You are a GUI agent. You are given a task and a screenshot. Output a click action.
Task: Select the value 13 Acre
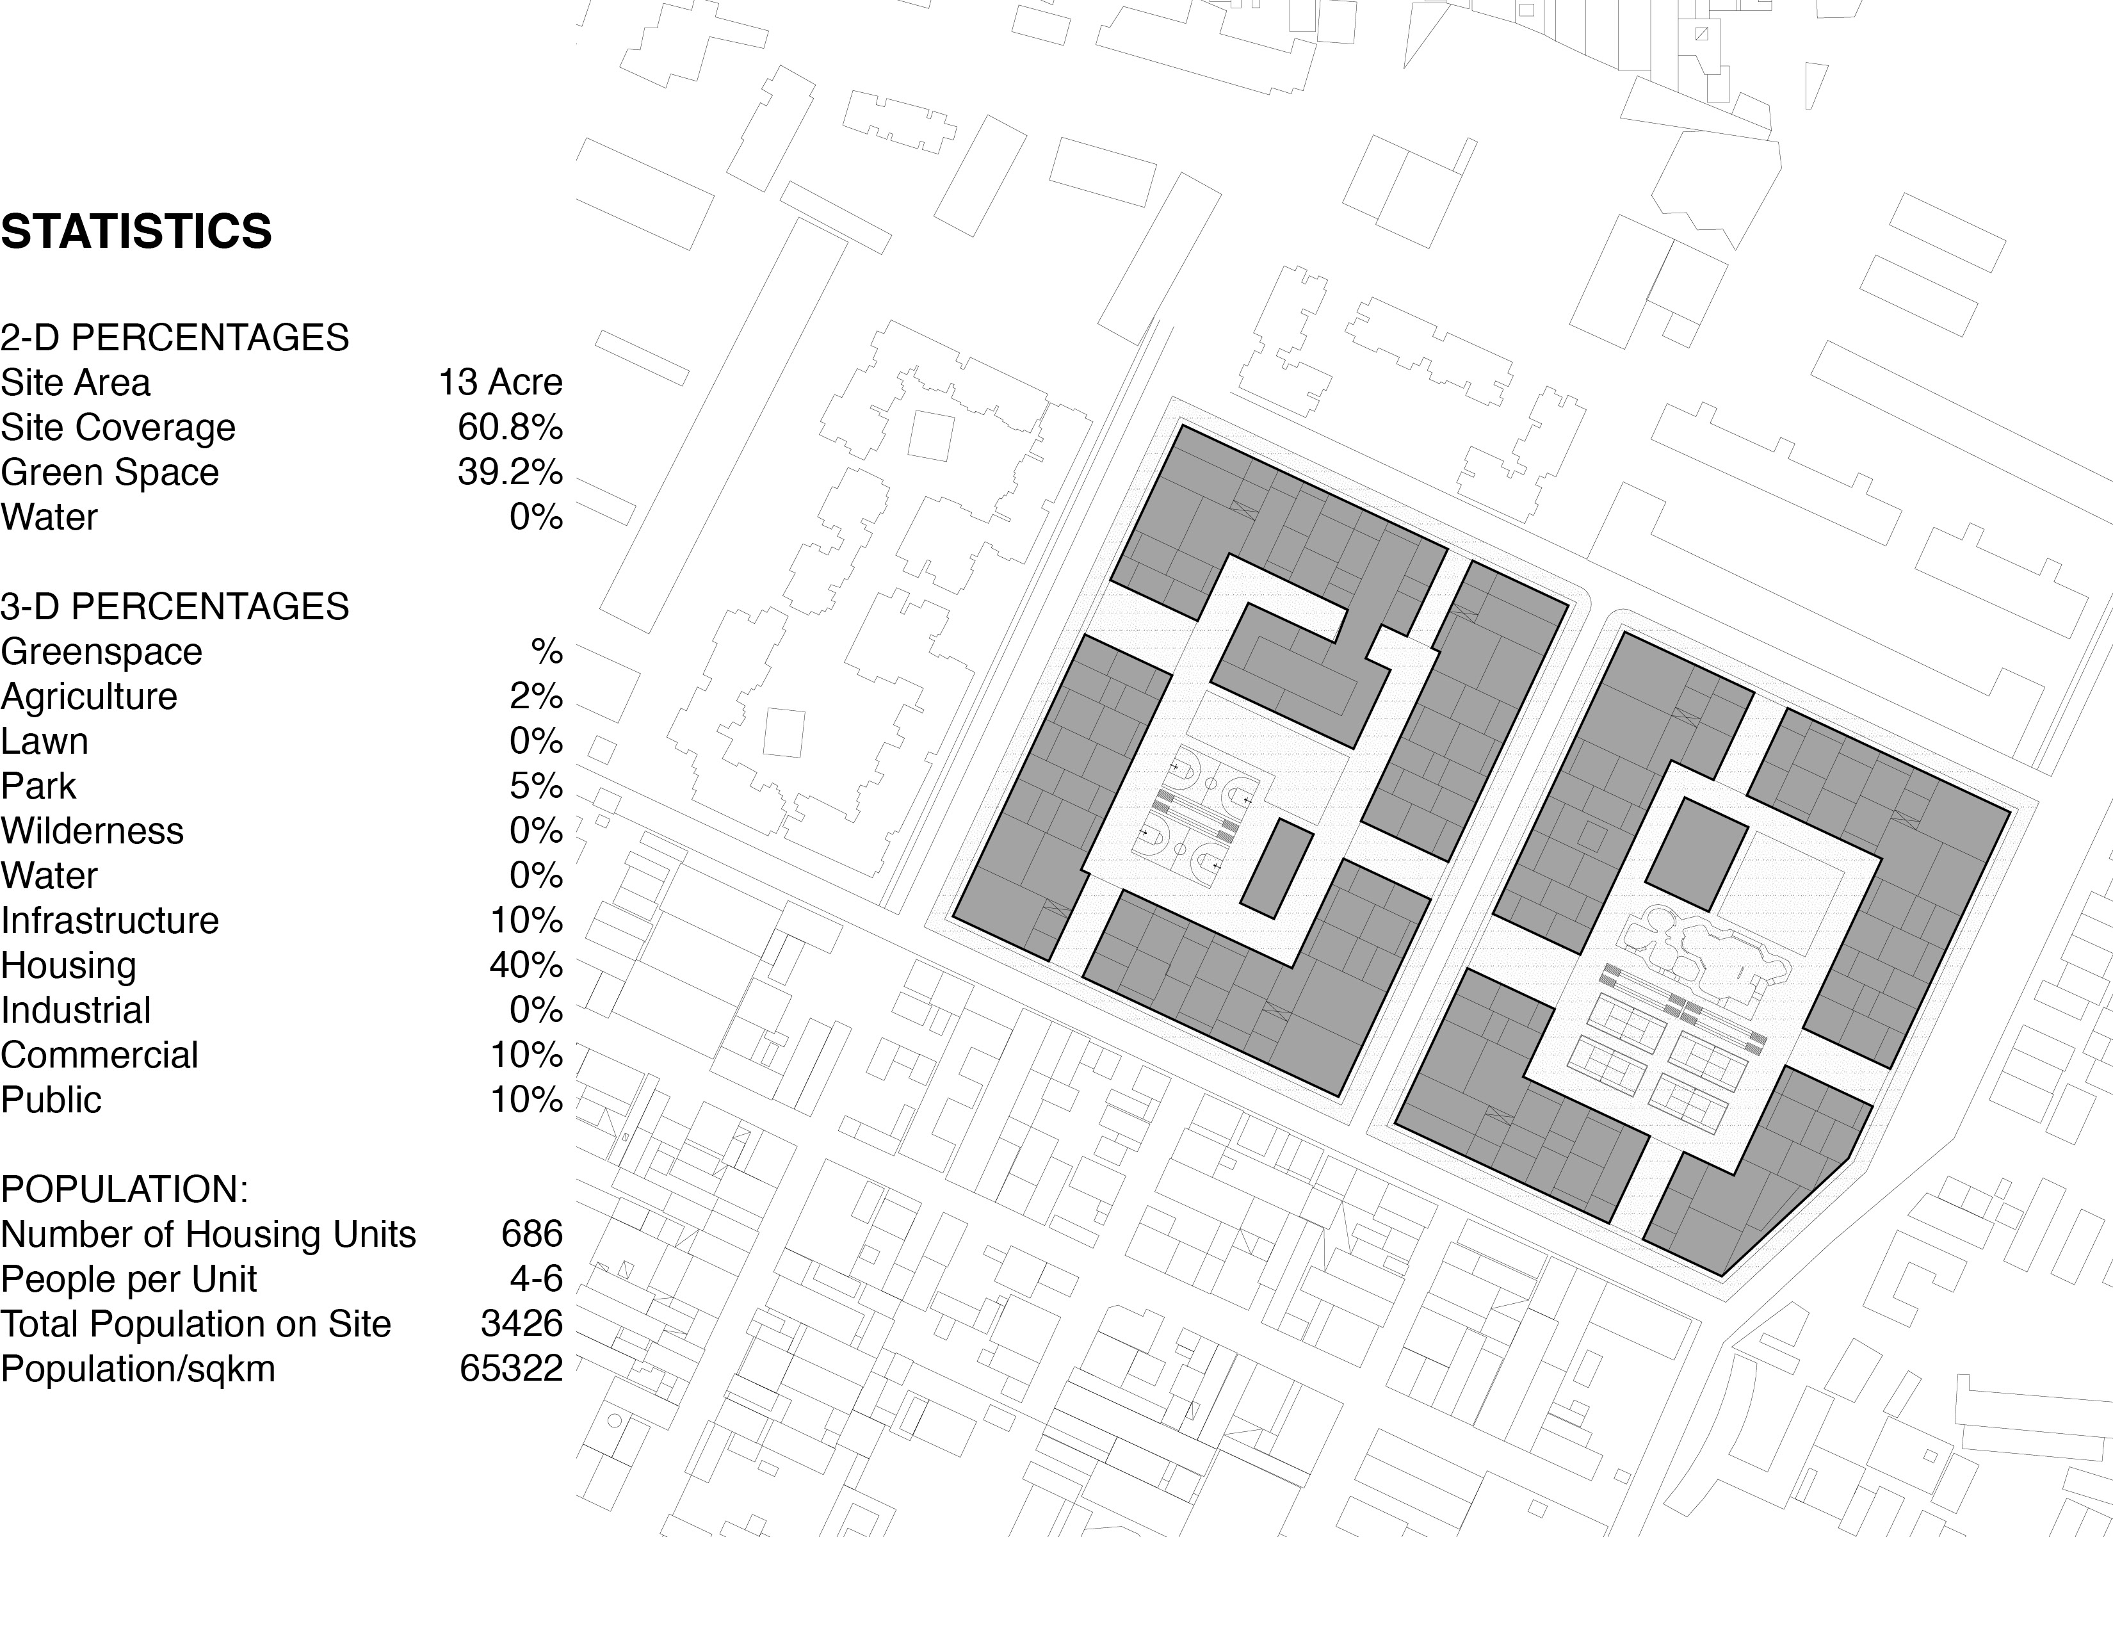(500, 382)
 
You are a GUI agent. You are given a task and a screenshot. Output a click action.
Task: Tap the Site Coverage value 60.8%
(510, 427)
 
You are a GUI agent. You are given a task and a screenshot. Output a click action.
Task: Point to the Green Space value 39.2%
(510, 472)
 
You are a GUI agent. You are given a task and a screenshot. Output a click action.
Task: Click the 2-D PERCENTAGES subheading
(174, 337)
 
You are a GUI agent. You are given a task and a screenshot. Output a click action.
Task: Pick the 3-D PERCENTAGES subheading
(174, 606)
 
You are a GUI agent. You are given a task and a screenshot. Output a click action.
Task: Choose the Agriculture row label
(89, 697)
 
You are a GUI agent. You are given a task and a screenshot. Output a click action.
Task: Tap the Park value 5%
(536, 786)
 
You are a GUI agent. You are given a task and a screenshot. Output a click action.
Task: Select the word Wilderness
(92, 831)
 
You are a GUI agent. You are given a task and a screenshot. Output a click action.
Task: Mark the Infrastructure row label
(109, 920)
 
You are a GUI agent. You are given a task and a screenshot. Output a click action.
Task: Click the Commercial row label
(99, 1055)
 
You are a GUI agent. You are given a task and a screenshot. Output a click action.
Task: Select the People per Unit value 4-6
(536, 1279)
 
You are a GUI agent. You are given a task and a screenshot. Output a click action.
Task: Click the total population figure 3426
(521, 1324)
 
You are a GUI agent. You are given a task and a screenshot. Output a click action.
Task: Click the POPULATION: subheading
(124, 1189)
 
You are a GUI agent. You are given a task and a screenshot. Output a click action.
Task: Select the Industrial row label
(76, 1010)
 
